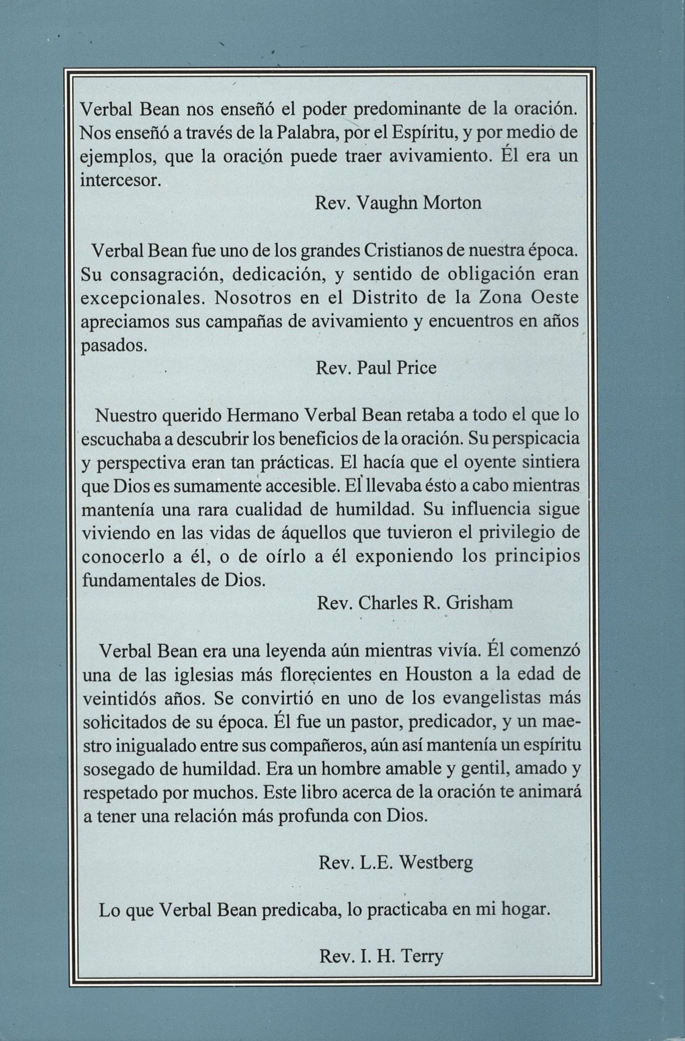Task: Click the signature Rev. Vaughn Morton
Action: click(398, 203)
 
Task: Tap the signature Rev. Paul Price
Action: click(376, 369)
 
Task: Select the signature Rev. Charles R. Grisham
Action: click(414, 602)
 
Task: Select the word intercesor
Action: click(119, 180)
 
